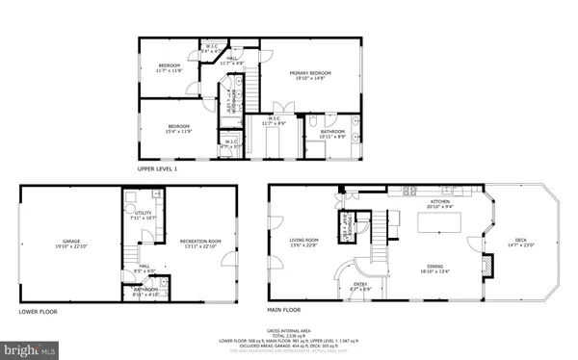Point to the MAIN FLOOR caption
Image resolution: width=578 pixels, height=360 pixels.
(284, 310)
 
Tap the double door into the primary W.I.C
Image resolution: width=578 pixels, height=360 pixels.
(279, 107)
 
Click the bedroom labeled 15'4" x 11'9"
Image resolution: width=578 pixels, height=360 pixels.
(178, 127)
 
